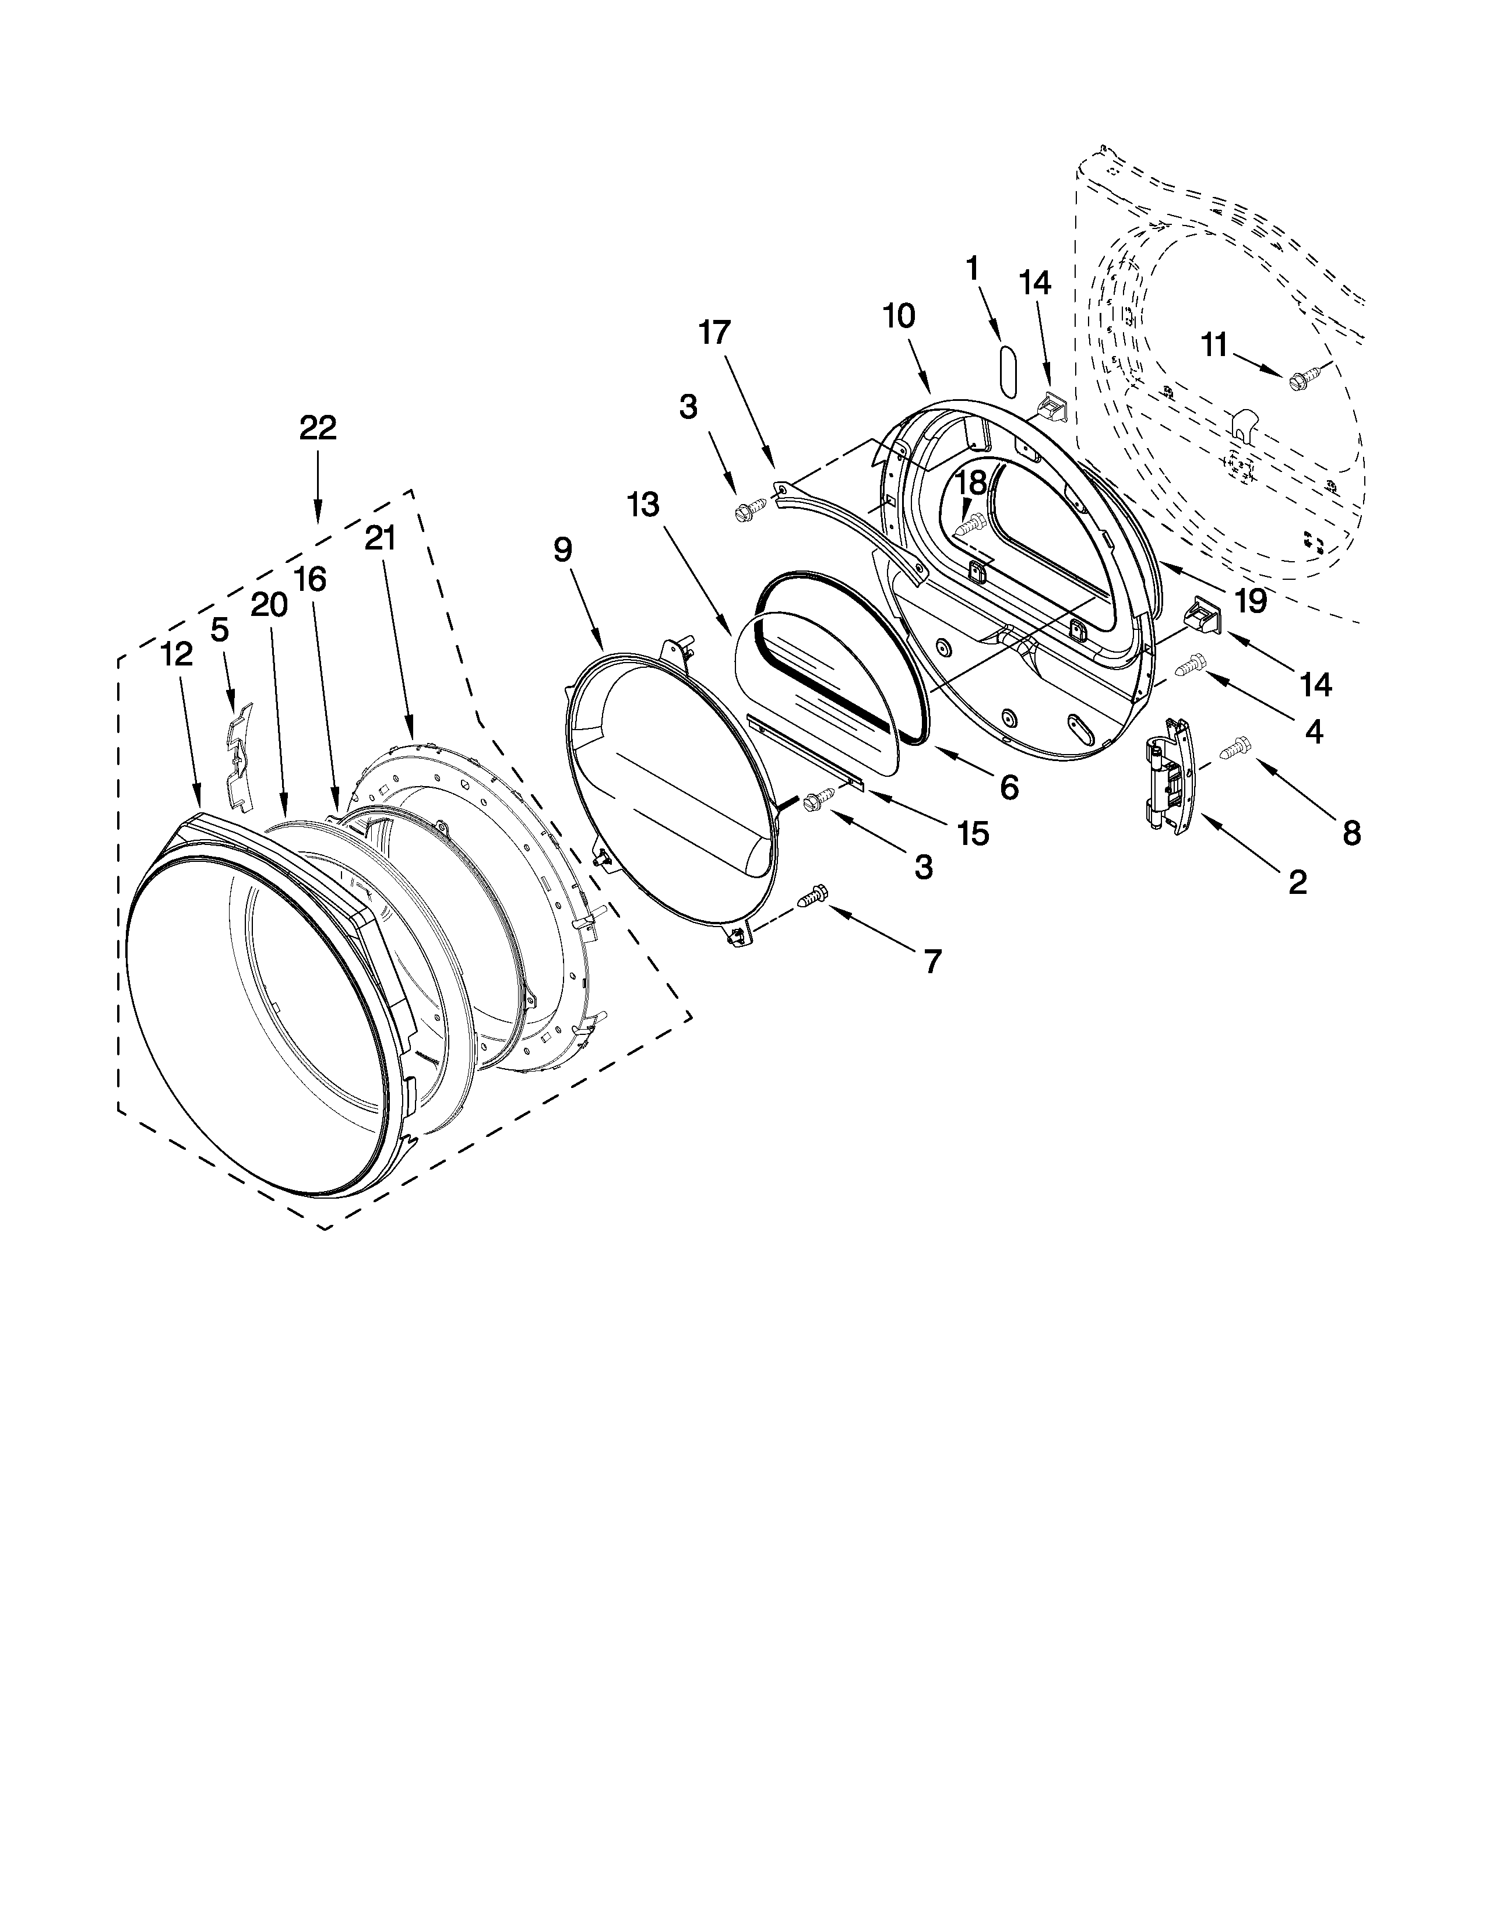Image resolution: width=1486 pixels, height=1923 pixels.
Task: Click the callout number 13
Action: [643, 505]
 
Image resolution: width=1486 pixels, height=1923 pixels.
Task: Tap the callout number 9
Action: [562, 550]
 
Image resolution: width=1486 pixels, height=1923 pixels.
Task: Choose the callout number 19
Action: [1250, 600]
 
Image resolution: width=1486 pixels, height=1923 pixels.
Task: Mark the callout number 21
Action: [381, 538]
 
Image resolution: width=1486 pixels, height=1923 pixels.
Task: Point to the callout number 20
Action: [269, 605]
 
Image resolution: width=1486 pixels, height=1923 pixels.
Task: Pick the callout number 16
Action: [310, 579]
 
